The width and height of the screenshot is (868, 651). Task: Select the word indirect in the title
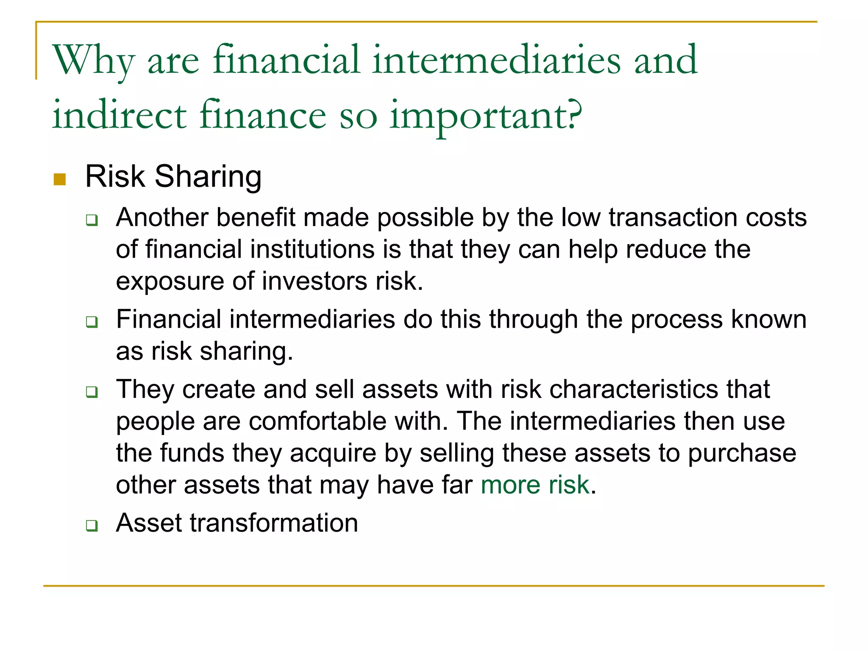(119, 114)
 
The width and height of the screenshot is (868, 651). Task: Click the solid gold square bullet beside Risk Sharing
(60, 179)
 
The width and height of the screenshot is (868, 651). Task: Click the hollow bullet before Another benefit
(92, 220)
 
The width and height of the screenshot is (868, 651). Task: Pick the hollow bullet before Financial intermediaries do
(92, 322)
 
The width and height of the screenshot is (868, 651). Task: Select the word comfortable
(317, 421)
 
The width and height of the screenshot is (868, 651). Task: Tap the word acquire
(333, 453)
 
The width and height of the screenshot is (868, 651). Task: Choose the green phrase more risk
(535, 485)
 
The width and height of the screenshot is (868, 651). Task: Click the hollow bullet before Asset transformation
(92, 526)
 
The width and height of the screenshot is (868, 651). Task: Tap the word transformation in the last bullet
(274, 523)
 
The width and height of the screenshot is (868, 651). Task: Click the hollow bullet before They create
(92, 392)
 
